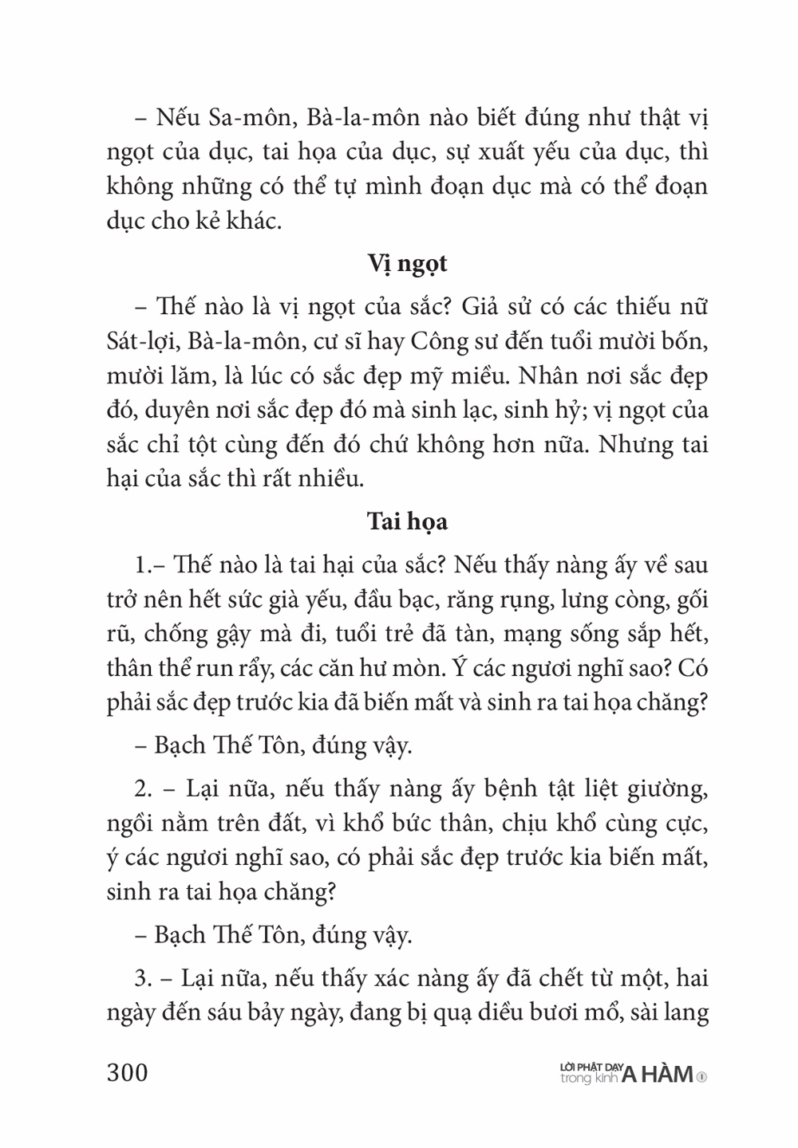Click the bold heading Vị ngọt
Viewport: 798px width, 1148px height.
coord(407,264)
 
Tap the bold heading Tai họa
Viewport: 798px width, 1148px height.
coord(407,522)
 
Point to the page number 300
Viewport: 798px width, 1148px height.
coord(128,1073)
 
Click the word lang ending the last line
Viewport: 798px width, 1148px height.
coord(684,1012)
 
